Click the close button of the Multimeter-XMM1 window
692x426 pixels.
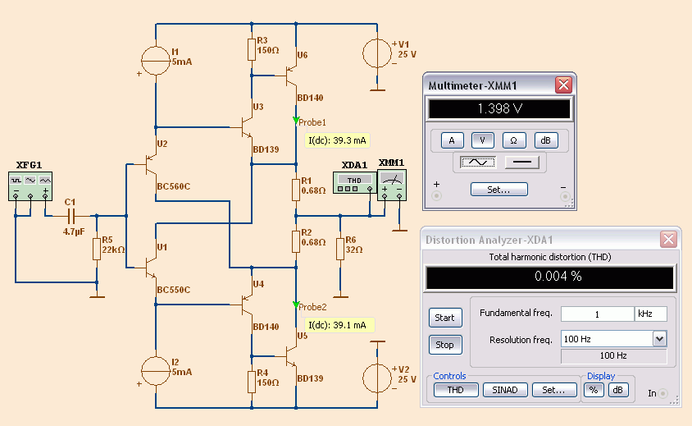[x=563, y=85]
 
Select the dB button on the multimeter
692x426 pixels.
[x=546, y=140]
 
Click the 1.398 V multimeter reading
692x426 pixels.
[x=499, y=108]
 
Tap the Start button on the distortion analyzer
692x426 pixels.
[x=445, y=318]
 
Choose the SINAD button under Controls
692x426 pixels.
[x=505, y=390]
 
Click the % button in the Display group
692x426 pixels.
[x=594, y=390]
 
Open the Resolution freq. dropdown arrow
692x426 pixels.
[x=659, y=339]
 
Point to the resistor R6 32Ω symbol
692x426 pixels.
[x=339, y=249]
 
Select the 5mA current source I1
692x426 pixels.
[x=155, y=61]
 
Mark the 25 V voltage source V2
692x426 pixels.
[x=377, y=378]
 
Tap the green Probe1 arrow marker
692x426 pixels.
[x=296, y=120]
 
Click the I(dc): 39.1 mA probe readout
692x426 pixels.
[x=337, y=325]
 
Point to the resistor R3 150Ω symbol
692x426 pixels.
[x=252, y=49]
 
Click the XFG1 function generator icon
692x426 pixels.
[x=30, y=186]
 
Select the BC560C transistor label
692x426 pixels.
[x=174, y=186]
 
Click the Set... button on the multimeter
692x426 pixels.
[x=499, y=190]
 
